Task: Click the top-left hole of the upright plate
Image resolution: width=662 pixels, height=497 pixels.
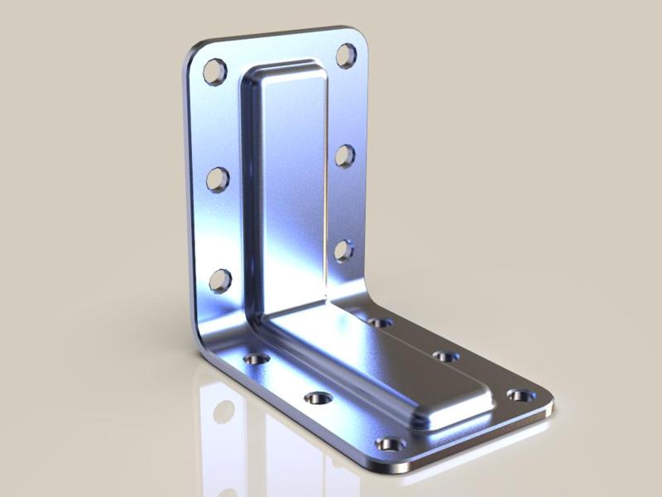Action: coord(215,70)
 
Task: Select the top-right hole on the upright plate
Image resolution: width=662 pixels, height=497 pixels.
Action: coord(346,55)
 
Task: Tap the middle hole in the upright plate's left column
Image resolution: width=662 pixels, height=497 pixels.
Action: coord(218,178)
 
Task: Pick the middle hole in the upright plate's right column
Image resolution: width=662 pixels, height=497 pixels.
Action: coord(345,155)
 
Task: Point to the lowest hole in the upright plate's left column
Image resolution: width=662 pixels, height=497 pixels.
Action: coord(220,280)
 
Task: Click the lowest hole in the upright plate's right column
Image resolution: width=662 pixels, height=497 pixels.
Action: coord(343,249)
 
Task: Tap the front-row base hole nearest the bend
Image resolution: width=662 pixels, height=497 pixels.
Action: coord(257,359)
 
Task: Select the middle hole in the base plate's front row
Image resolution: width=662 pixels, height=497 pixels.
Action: coord(318,398)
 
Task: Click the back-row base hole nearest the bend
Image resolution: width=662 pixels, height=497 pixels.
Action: coord(380,321)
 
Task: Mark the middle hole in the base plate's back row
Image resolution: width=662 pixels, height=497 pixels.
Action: coord(445,356)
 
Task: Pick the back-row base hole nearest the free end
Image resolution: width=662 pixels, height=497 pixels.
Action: coord(520,395)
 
